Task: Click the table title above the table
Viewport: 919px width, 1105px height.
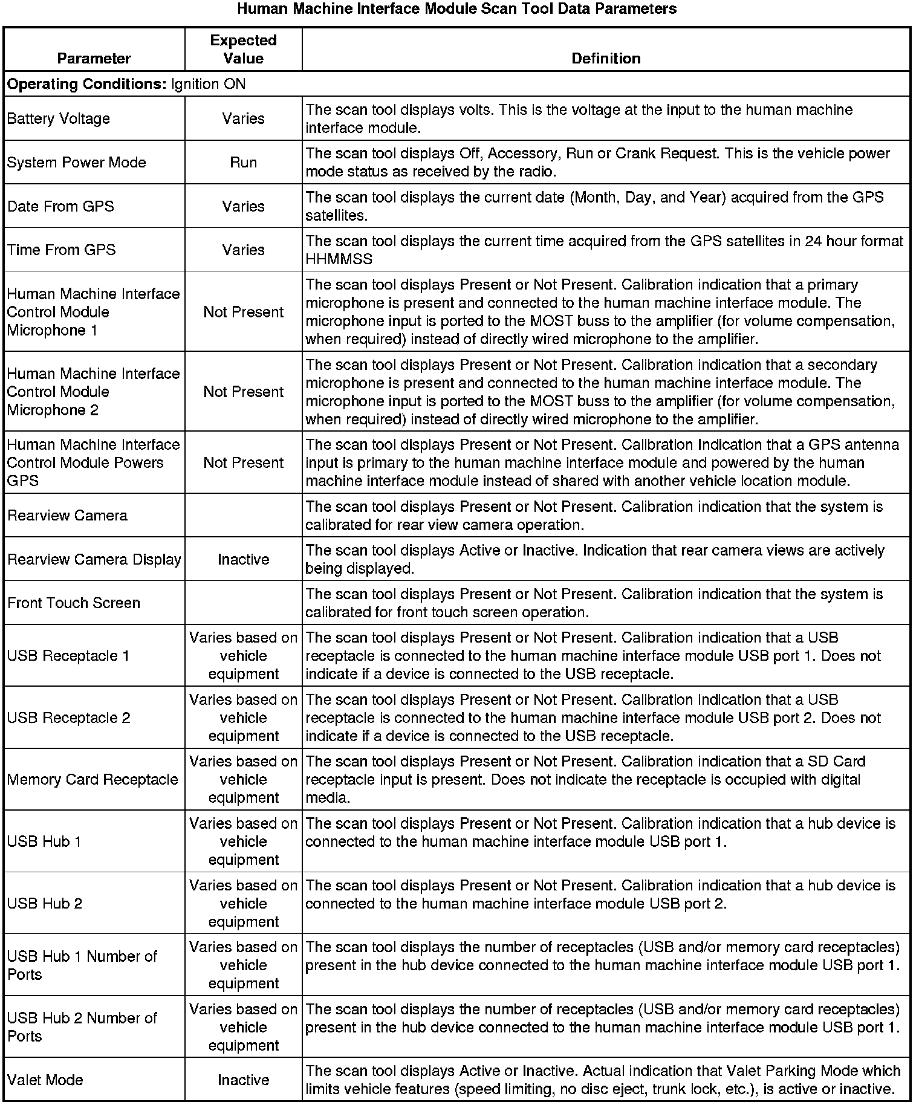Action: pyautogui.click(x=456, y=9)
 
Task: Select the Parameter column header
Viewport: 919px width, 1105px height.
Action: pyautogui.click(x=94, y=59)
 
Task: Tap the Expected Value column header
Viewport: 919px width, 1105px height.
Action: pyautogui.click(x=243, y=50)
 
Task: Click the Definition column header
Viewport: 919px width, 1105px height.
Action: pyautogui.click(x=606, y=59)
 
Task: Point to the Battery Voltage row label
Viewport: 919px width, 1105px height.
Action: pyautogui.click(x=59, y=118)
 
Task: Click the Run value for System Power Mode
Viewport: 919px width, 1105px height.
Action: pyautogui.click(x=243, y=163)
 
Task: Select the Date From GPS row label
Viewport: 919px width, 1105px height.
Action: pyautogui.click(x=60, y=206)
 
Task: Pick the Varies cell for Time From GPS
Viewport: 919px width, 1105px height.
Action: pyautogui.click(x=243, y=250)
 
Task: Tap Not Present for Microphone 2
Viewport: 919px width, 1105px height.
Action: pyautogui.click(x=243, y=392)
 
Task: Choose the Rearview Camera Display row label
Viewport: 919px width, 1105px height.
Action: pyautogui.click(x=94, y=559)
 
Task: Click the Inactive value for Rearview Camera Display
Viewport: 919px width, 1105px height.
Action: pyautogui.click(x=243, y=559)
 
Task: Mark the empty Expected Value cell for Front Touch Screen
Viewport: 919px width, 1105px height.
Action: pyautogui.click(x=243, y=603)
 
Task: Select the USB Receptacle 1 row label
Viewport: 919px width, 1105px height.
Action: pyautogui.click(x=68, y=656)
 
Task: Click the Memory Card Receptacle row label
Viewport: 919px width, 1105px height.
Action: pyautogui.click(x=93, y=779)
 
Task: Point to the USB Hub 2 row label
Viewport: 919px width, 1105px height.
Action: pyautogui.click(x=45, y=903)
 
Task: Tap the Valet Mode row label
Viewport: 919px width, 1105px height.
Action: pyautogui.click(x=45, y=1080)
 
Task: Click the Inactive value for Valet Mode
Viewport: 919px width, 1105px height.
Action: pyautogui.click(x=243, y=1080)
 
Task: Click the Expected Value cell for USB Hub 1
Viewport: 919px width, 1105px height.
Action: pyautogui.click(x=243, y=841)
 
